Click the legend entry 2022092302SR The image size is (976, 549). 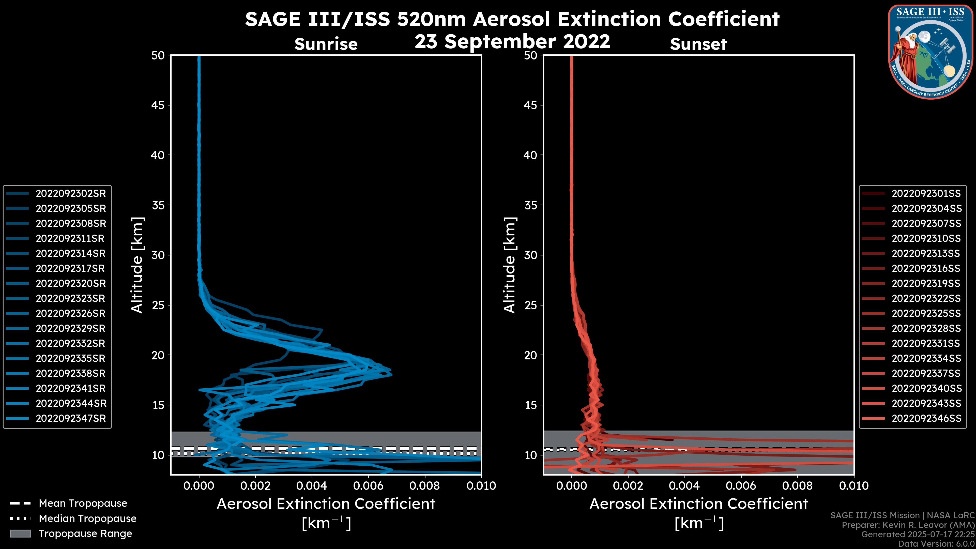coord(70,194)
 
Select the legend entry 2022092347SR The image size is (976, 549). coord(70,419)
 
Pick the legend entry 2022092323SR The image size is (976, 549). coord(70,299)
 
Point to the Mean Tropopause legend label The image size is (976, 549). coord(83,504)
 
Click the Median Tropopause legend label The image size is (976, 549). coord(87,519)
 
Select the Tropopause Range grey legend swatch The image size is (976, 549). coord(20,534)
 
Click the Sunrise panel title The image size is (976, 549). coord(326,44)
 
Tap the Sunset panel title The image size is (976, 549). coord(698,44)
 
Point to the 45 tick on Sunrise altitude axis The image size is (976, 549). coord(158,105)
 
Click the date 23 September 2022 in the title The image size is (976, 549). coord(512,42)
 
